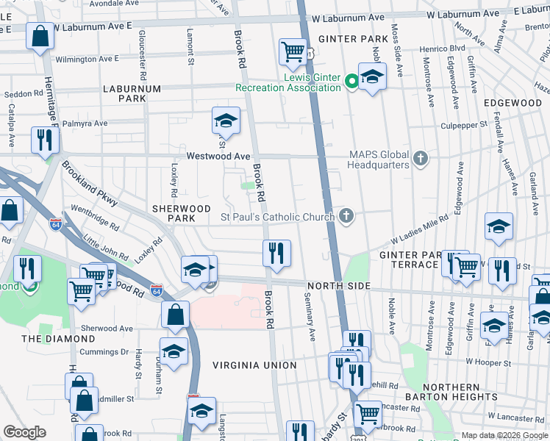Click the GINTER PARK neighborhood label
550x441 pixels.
point(348,38)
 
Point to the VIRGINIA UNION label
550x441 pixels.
point(254,365)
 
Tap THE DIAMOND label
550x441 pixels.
point(58,339)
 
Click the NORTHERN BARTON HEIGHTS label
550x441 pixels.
point(462,392)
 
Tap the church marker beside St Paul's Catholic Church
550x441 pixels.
point(346,216)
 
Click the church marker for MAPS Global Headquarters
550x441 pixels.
point(420,158)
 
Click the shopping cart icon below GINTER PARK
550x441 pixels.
point(293,51)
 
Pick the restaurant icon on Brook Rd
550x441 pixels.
point(277,253)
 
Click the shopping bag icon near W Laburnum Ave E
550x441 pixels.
point(39,35)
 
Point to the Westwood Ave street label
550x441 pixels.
point(218,157)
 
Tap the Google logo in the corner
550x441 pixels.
point(24,432)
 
